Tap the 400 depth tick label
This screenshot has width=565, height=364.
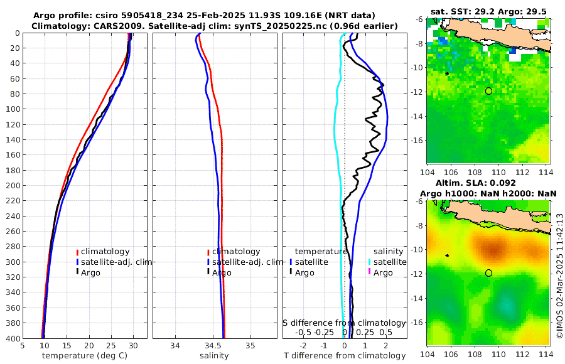pos(12,339)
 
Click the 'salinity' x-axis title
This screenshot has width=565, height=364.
pos(214,356)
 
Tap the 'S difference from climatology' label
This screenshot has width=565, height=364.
pos(344,322)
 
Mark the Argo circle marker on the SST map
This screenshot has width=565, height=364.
pos(488,91)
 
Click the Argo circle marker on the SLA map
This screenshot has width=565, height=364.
pos(488,273)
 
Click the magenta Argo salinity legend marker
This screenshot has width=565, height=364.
pos(370,272)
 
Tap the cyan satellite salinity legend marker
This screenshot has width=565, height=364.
pos(370,262)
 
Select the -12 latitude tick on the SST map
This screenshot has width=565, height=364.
pos(418,92)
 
